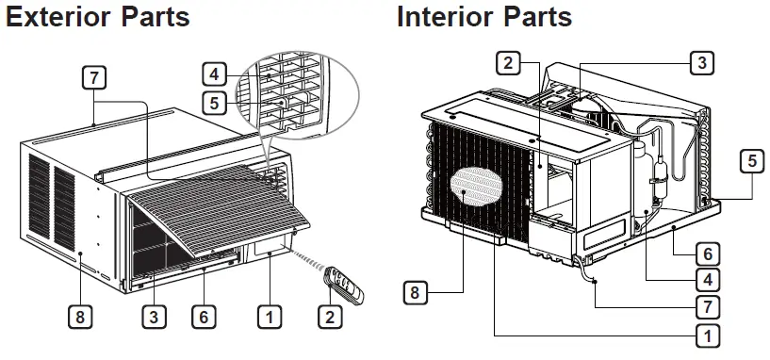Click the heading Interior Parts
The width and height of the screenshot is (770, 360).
[483, 17]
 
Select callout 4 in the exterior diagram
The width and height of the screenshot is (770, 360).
[215, 73]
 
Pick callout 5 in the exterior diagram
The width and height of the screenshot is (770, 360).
[215, 102]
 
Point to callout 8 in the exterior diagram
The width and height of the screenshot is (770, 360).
[82, 317]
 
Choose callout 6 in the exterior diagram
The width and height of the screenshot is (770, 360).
[202, 317]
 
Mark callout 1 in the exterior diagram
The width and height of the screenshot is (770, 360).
[270, 317]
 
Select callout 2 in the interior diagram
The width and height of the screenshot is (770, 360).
[507, 63]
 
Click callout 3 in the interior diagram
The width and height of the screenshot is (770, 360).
[700, 63]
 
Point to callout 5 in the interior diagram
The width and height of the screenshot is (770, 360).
[751, 160]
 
